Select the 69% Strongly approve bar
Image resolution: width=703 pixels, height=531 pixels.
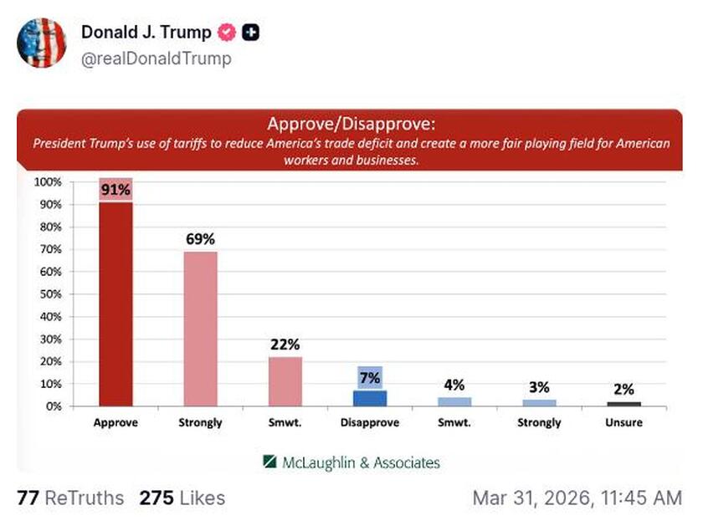coord(200,329)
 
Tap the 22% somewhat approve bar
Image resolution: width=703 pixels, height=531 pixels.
coord(285,381)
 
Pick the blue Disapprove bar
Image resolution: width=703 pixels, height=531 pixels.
coord(370,398)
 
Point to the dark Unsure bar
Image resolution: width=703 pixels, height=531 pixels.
coord(623,404)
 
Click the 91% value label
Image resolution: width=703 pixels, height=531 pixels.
coord(115,190)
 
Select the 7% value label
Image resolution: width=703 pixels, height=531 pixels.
coord(370,378)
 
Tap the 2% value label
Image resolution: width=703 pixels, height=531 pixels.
coord(623,389)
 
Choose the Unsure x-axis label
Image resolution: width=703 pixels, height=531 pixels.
coord(623,423)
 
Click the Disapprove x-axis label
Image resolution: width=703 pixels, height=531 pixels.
coord(370,423)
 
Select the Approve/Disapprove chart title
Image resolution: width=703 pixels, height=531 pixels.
coord(351,125)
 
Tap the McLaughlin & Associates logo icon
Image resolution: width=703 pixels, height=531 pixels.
coord(269,462)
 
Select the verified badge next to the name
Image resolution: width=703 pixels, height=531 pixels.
coord(226,33)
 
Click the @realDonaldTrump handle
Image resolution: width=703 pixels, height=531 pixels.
coord(156,59)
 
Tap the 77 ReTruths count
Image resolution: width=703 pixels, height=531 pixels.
coord(69,498)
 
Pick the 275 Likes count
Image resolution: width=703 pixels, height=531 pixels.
coord(182,498)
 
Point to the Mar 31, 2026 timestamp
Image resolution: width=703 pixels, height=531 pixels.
coord(577,498)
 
